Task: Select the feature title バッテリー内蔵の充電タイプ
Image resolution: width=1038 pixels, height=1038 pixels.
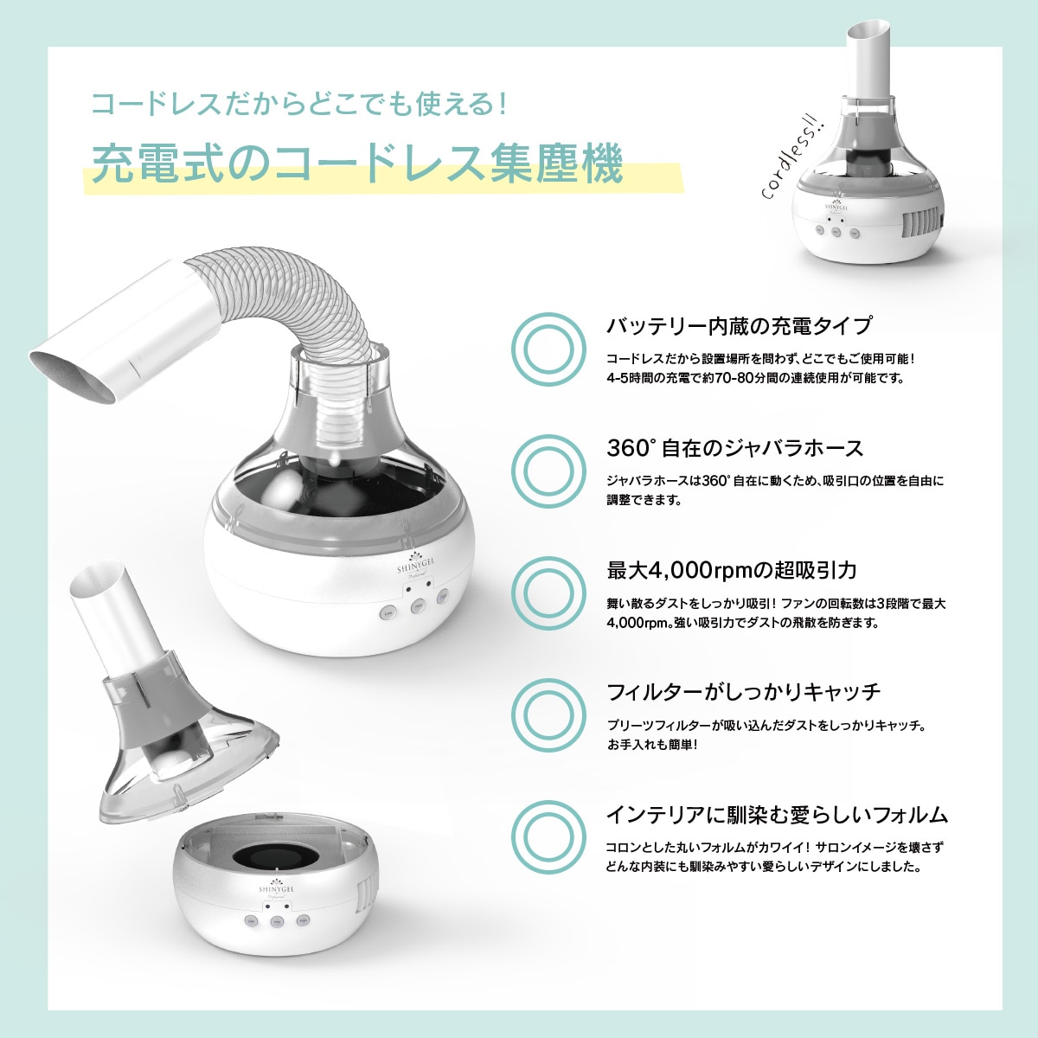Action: [x=739, y=326]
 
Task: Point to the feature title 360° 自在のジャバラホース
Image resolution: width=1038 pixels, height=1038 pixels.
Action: [x=735, y=448]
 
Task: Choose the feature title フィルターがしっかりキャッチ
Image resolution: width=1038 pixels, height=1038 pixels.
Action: [x=743, y=692]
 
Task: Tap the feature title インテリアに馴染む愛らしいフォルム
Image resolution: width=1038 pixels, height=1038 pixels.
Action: [x=777, y=815]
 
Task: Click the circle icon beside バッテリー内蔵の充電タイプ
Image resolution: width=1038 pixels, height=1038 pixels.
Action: [x=549, y=349]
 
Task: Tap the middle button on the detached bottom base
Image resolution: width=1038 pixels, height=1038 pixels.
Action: [x=277, y=922]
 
